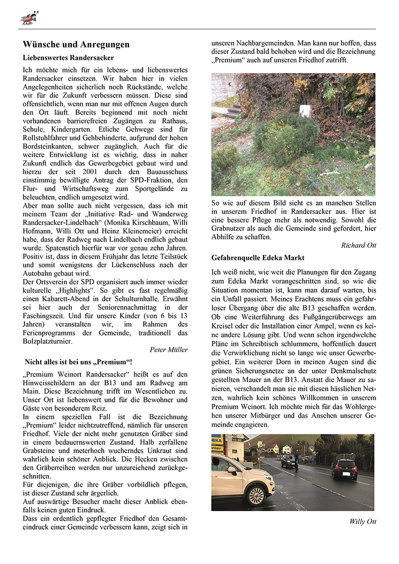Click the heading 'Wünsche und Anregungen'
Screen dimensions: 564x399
[x=76, y=44]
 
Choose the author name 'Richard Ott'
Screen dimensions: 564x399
[x=359, y=245]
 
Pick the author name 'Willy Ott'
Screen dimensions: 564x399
[x=363, y=522]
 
